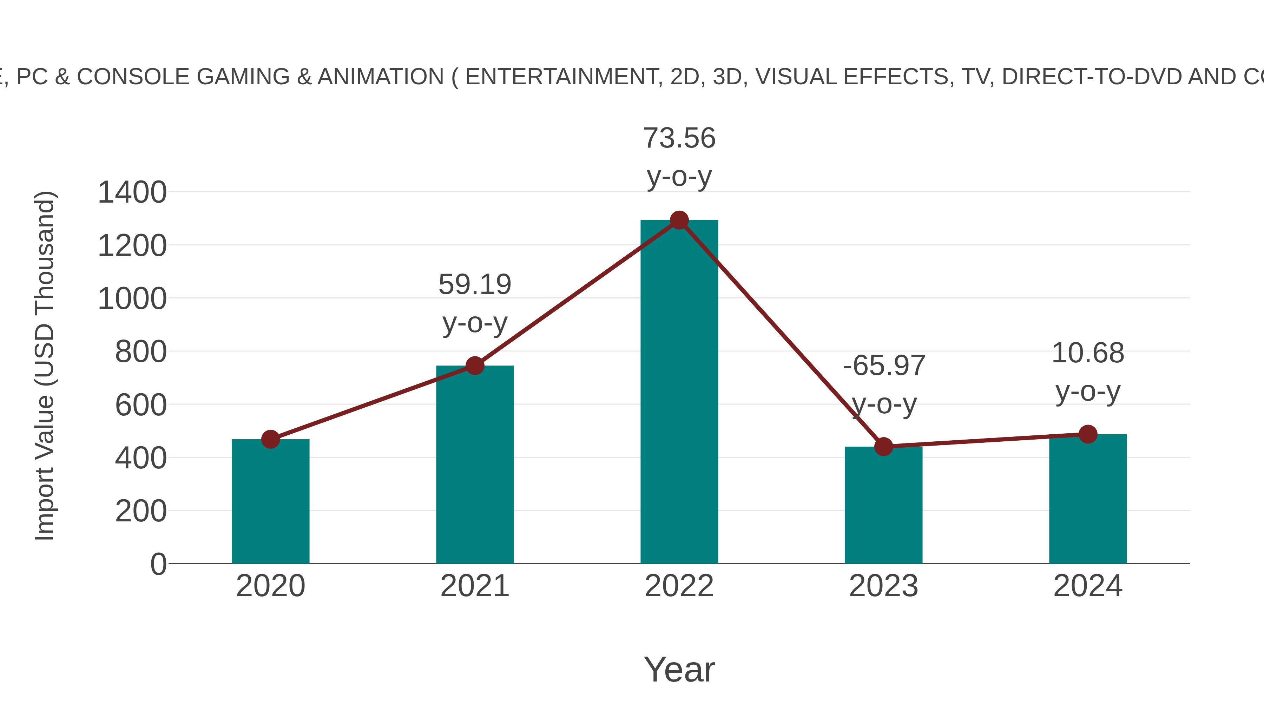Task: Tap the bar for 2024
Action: click(1088, 500)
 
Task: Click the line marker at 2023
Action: click(883, 447)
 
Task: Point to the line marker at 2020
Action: click(270, 439)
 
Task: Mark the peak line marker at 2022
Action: click(679, 220)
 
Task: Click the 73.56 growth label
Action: click(679, 138)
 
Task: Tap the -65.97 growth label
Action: click(884, 366)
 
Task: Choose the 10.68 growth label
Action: click(1088, 353)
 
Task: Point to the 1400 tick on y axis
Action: click(132, 192)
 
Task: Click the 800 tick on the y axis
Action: click(141, 352)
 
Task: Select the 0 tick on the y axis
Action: click(158, 564)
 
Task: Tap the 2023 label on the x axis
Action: click(883, 586)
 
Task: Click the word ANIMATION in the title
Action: click(380, 77)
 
